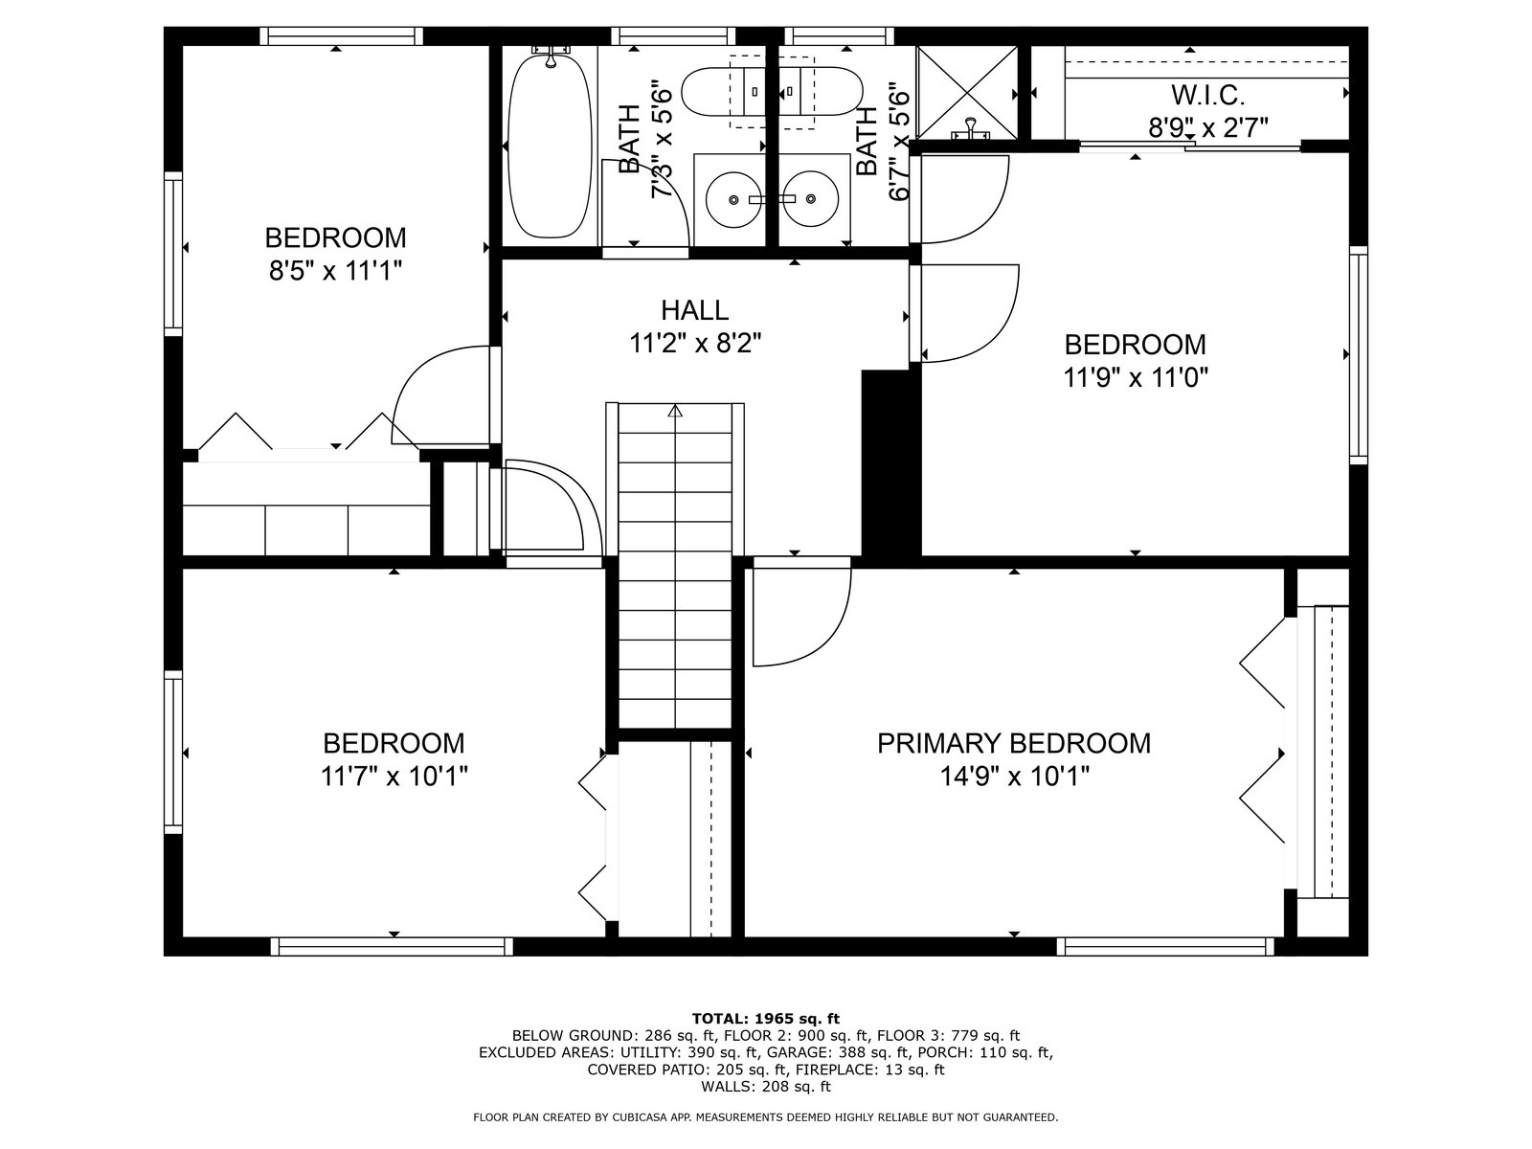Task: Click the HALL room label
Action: [694, 309]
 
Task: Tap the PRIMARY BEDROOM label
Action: [1013, 744]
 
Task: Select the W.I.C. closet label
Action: [1207, 94]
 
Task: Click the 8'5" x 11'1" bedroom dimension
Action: [336, 271]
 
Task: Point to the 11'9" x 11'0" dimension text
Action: [1135, 378]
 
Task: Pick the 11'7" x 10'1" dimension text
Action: [394, 777]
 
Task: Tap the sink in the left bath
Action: [733, 199]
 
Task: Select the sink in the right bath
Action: [812, 199]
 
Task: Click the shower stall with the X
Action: [967, 93]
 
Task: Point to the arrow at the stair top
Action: [674, 411]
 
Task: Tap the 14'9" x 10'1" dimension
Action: [1014, 777]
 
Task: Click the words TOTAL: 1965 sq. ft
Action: [766, 1019]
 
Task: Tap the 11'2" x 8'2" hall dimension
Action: [695, 343]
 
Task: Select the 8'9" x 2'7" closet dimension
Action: [1208, 127]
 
